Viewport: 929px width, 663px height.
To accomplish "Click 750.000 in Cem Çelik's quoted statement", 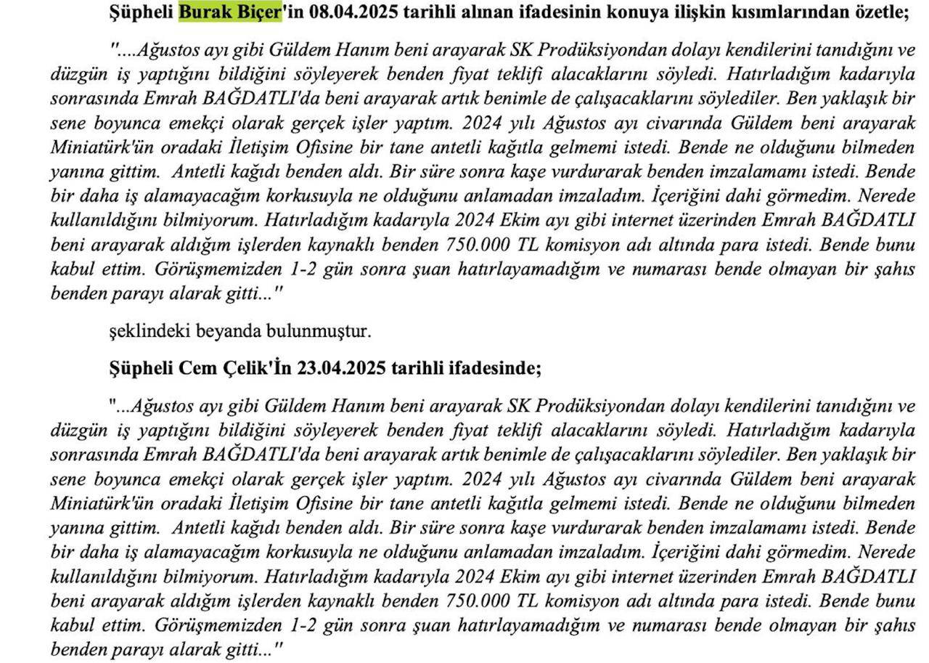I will click(473, 601).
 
